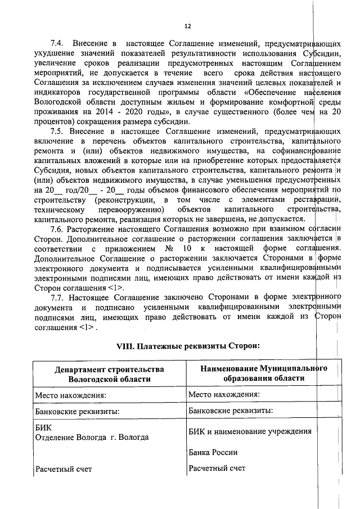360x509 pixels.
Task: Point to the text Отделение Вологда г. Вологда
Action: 92,436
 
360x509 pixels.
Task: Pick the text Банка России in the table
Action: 213,452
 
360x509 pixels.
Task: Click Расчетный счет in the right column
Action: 217,467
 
